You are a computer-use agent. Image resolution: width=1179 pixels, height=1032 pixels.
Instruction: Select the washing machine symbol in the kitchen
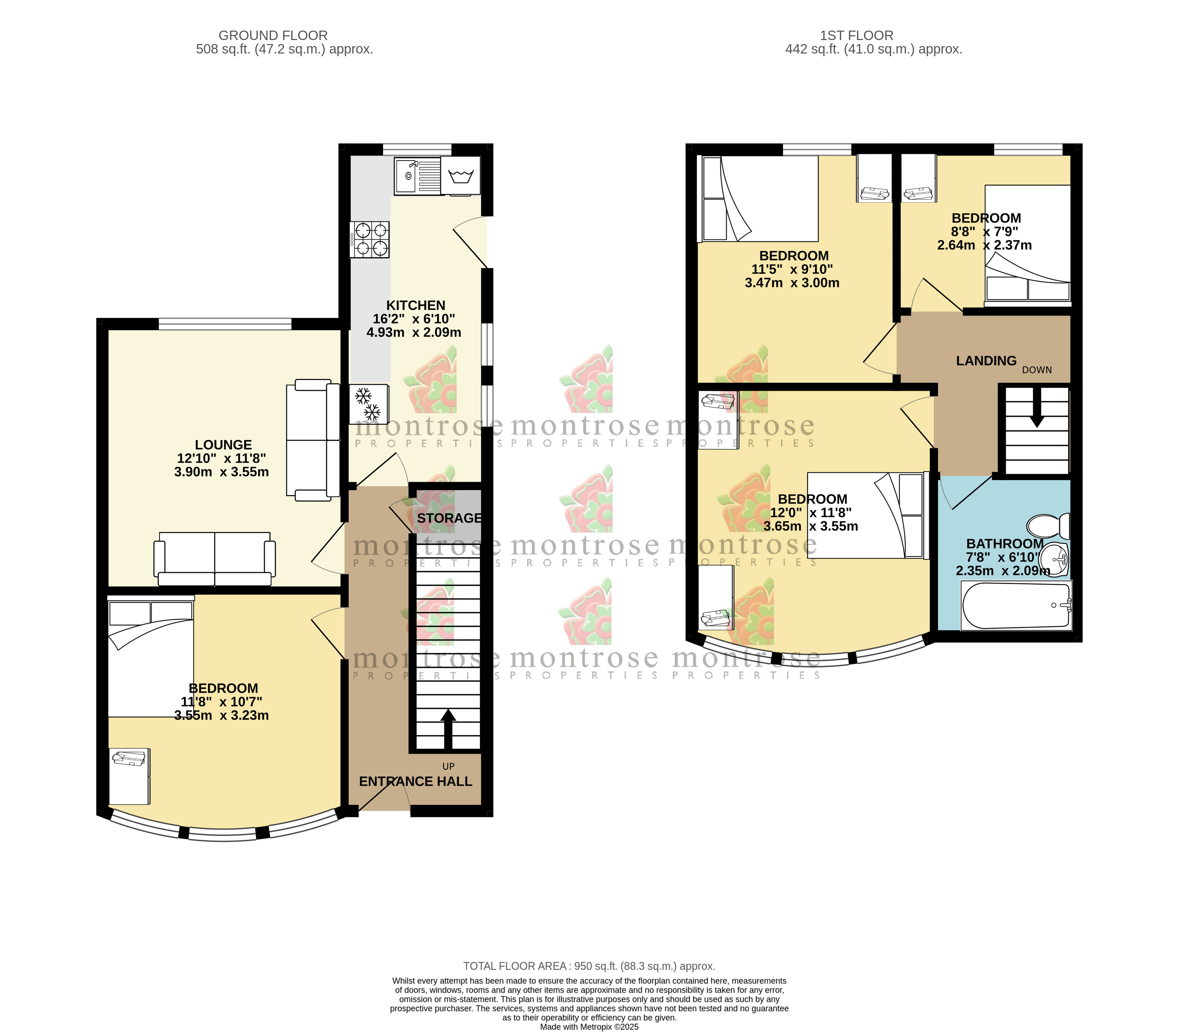point(460,175)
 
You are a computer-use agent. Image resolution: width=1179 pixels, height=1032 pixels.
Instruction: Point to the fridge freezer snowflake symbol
point(368,404)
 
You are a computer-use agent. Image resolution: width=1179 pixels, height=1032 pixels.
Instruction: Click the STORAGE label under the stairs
point(449,518)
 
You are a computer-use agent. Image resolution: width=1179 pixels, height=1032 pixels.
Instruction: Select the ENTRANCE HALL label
point(416,781)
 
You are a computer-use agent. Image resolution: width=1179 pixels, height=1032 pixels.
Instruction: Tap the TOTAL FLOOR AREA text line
point(589,966)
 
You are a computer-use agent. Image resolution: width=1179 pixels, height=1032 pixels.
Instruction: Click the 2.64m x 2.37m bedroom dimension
point(984,245)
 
